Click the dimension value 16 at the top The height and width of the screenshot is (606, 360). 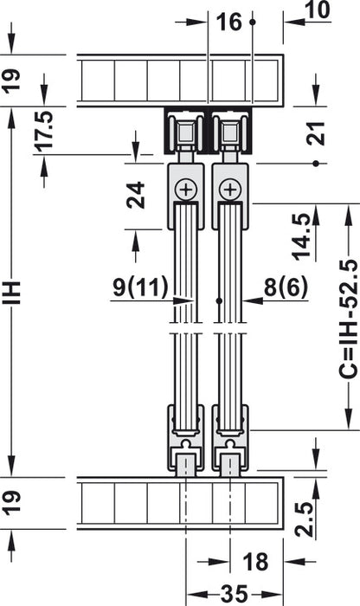tap(229, 23)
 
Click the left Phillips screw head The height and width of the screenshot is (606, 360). tap(185, 188)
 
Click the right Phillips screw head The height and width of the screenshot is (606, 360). tap(229, 188)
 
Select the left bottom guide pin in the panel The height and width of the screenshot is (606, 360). tap(185, 467)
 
